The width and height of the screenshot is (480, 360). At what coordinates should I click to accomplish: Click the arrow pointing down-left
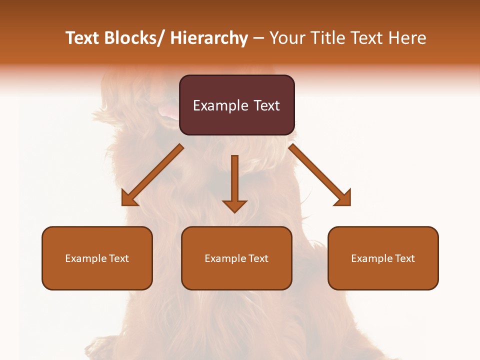pyautogui.click(x=152, y=175)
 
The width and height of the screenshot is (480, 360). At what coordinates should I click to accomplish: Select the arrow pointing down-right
pyautogui.click(x=320, y=175)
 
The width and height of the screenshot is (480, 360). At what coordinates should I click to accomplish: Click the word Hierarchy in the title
pyautogui.click(x=209, y=38)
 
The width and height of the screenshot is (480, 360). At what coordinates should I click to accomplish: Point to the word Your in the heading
pyautogui.click(x=286, y=38)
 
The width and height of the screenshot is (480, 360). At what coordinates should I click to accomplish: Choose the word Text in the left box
pyautogui.click(x=119, y=258)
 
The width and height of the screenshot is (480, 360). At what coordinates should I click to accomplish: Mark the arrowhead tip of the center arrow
pyautogui.click(x=234, y=212)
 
